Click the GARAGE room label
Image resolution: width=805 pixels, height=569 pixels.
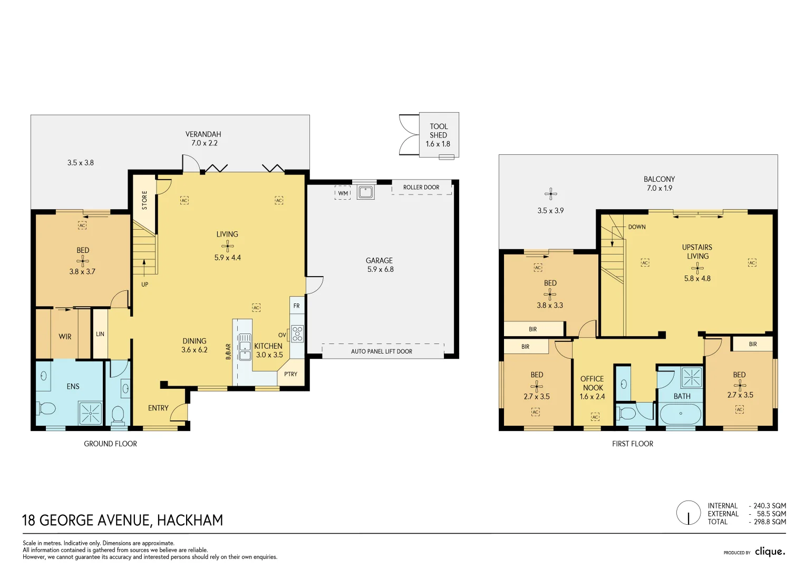pos(379,260)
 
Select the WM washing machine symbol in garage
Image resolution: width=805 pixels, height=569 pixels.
pos(343,193)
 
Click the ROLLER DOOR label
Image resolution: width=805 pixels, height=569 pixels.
pos(421,188)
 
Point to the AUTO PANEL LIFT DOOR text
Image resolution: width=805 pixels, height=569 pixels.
pos(382,351)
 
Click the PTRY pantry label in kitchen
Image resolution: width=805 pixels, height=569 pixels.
pos(290,374)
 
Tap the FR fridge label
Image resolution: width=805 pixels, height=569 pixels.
pos(296,306)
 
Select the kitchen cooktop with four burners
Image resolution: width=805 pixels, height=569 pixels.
pos(297,333)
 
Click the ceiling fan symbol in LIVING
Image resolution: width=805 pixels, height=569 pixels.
pos(228,246)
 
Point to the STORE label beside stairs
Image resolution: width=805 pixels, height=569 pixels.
pos(144,200)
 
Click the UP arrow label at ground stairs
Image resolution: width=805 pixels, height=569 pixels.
pos(144,284)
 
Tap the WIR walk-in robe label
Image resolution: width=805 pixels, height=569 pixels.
pos(65,337)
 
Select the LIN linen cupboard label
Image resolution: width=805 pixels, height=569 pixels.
pos(100,334)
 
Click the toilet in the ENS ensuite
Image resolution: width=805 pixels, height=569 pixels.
pos(46,408)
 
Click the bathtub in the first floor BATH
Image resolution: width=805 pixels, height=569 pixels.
pos(681,414)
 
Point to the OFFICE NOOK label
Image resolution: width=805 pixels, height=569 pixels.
pos(593,387)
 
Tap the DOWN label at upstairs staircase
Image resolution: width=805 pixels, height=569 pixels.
pos(636,227)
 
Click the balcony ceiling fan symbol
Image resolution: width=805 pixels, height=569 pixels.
pos(551,194)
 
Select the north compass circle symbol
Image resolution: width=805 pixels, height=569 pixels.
pos(688,513)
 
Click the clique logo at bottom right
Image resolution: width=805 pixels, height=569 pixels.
pos(770,552)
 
